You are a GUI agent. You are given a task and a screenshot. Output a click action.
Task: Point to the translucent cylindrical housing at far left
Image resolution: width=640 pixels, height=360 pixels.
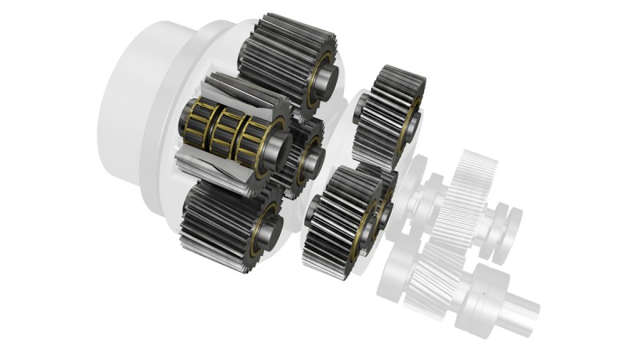[x=136, y=104]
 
